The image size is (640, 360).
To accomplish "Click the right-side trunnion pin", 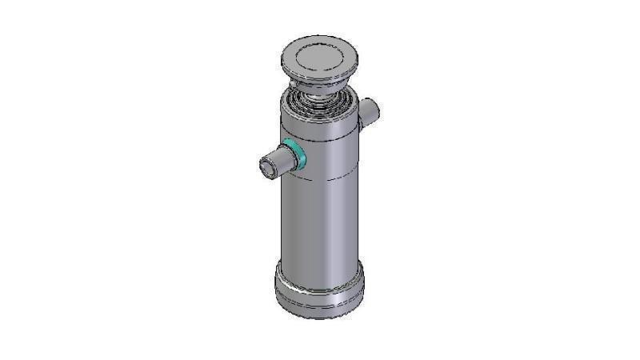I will (370, 111).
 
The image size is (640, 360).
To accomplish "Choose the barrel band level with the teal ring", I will (328, 156).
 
